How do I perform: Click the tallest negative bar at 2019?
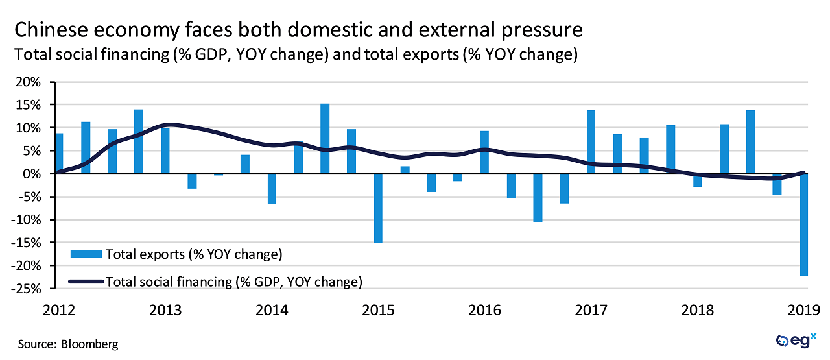pyautogui.click(x=803, y=225)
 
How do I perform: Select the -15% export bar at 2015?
pyautogui.click(x=378, y=208)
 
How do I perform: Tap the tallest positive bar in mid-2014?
pyautogui.click(x=325, y=139)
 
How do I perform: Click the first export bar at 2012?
pyautogui.click(x=59, y=154)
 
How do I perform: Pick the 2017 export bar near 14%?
pyautogui.click(x=591, y=142)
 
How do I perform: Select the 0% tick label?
pyautogui.click(x=34, y=174)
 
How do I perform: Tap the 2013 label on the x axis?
pyautogui.click(x=165, y=309)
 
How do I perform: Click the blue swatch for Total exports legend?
pyautogui.click(x=86, y=254)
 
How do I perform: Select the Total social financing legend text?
pyautogui.click(x=233, y=281)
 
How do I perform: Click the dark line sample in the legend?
pyautogui.click(x=86, y=281)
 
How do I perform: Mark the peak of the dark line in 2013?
pyautogui.click(x=169, y=124)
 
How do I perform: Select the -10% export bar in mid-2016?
pyautogui.click(x=538, y=198)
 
